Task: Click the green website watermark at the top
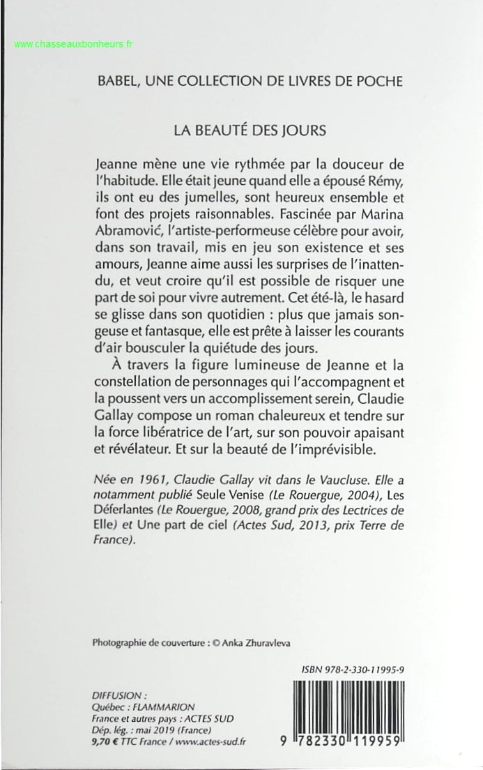click(x=73, y=44)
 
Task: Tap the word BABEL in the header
click(x=118, y=81)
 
